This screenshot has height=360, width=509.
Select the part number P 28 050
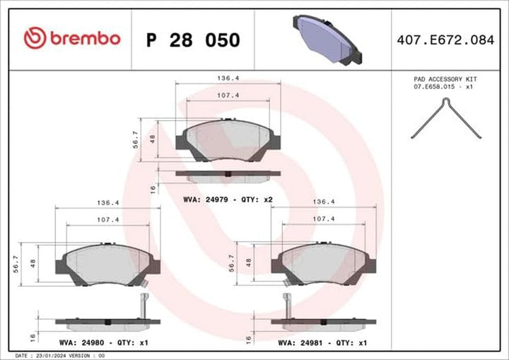pyautogui.click(x=192, y=40)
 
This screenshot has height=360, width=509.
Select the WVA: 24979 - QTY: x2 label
pyautogui.click(x=228, y=200)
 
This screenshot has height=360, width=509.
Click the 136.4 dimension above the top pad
pyautogui.click(x=227, y=79)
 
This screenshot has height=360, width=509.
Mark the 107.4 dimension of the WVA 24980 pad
pyautogui.click(x=107, y=220)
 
